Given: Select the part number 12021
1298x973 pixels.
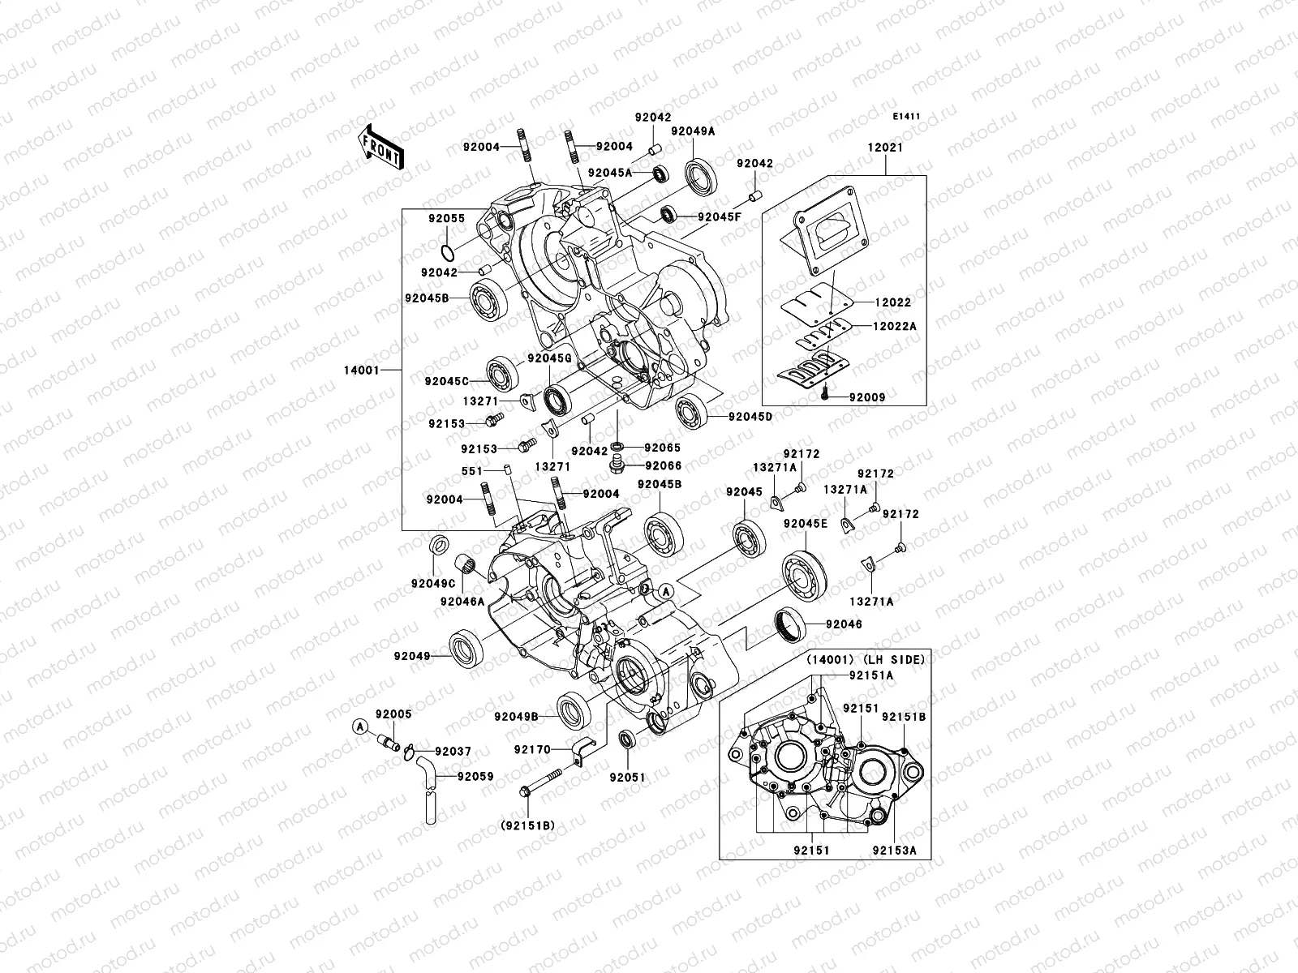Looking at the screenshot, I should (x=885, y=148).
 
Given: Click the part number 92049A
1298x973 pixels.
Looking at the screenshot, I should (x=692, y=131).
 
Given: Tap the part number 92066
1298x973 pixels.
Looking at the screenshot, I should (x=663, y=466).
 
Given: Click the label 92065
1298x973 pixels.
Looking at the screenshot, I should (x=663, y=447).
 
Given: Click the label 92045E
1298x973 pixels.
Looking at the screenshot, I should (x=805, y=524).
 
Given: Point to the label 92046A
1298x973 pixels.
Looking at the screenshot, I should (x=462, y=601).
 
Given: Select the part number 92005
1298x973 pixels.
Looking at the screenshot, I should (x=393, y=714).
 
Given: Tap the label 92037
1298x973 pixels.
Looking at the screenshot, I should (x=452, y=752).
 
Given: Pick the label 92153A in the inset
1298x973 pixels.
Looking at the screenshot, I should (x=894, y=851).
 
